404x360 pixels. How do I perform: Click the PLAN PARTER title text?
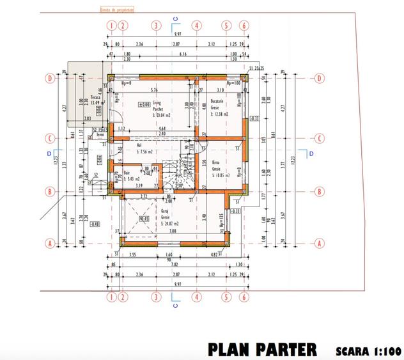(261, 349)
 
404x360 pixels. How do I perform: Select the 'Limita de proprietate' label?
(114, 10)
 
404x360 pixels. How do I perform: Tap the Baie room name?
(127, 172)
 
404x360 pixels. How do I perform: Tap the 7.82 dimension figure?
(174, 263)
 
